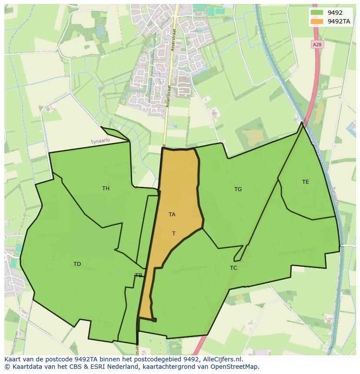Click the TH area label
pyautogui.click(x=106, y=188)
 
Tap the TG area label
pyautogui.click(x=238, y=189)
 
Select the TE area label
pyautogui.click(x=306, y=182)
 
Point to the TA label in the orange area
pyautogui.click(x=172, y=214)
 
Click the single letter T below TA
pyautogui.click(x=173, y=234)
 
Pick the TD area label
pyautogui.click(x=77, y=264)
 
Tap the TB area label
pyautogui.click(x=138, y=275)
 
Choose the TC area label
pyautogui.click(x=233, y=268)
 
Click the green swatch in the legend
pyautogui.click(x=317, y=13)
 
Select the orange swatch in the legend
pyautogui.click(x=317, y=21)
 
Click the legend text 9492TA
pyautogui.click(x=339, y=21)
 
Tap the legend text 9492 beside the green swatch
pyautogui.click(x=335, y=13)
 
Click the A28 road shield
pyautogui.click(x=318, y=44)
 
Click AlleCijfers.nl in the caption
pyautogui.click(x=222, y=359)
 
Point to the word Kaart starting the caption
pyautogui.click(x=13, y=359)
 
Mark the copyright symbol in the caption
pyautogui.click(x=7, y=367)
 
